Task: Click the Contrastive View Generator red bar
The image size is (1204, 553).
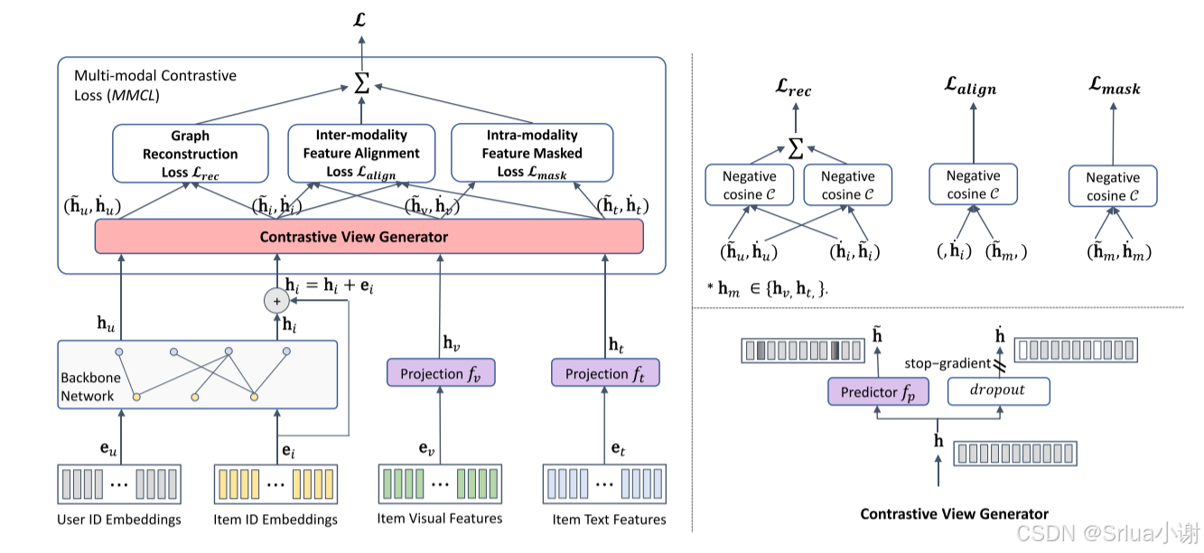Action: [369, 237]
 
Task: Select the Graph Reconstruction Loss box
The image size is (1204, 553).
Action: [191, 153]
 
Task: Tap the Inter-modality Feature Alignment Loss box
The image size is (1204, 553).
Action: [361, 153]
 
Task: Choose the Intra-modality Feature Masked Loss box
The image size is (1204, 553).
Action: [532, 153]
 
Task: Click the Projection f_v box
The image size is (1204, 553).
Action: [441, 373]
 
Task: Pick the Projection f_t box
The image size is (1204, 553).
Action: [605, 373]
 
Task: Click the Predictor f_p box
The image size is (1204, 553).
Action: [878, 391]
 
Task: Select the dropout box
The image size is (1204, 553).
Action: [998, 391]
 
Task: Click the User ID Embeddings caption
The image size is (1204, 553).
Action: [119, 520]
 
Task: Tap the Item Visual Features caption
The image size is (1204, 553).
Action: [440, 519]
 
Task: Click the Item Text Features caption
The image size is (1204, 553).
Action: [610, 520]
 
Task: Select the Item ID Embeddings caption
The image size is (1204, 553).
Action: [276, 520]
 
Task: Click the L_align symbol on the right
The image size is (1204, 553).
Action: [970, 87]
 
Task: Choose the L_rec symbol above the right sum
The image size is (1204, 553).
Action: [794, 89]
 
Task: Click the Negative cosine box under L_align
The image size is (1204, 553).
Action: [973, 184]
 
